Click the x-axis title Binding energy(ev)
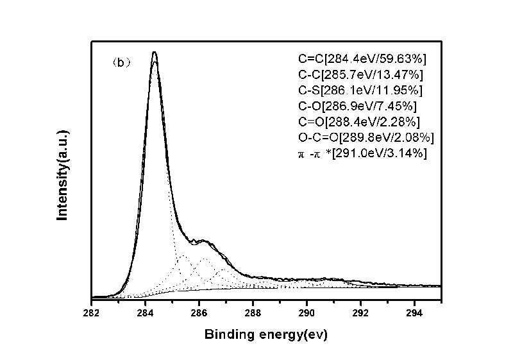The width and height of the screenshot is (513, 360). (x=266, y=334)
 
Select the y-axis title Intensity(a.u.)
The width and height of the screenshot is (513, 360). (x=63, y=174)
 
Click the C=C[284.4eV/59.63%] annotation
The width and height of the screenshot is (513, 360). (x=362, y=59)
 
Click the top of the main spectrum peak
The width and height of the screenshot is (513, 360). (x=155, y=53)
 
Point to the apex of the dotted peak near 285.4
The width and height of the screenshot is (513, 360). (x=183, y=255)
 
